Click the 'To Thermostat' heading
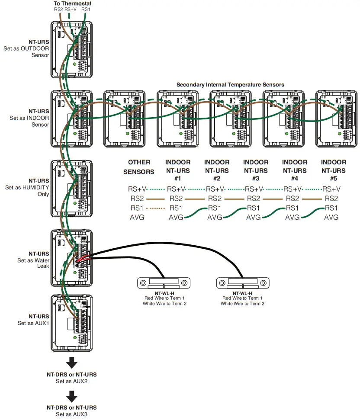[73, 3]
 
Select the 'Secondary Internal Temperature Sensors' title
[230, 85]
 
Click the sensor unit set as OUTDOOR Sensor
[72, 50]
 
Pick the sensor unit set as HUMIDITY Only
[72, 189]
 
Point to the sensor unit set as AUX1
[72, 322]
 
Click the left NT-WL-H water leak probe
[164, 283]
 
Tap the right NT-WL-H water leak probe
[242, 283]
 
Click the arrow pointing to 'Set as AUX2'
[72, 362]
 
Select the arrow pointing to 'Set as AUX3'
[72, 396]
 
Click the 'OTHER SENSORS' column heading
[139, 167]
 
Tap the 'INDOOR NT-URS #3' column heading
[256, 170]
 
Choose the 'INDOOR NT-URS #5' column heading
[333, 170]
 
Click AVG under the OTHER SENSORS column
[137, 217]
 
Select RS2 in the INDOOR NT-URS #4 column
[292, 199]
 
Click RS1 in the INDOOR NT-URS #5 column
[331, 208]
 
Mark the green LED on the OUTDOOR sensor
[74, 64]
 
